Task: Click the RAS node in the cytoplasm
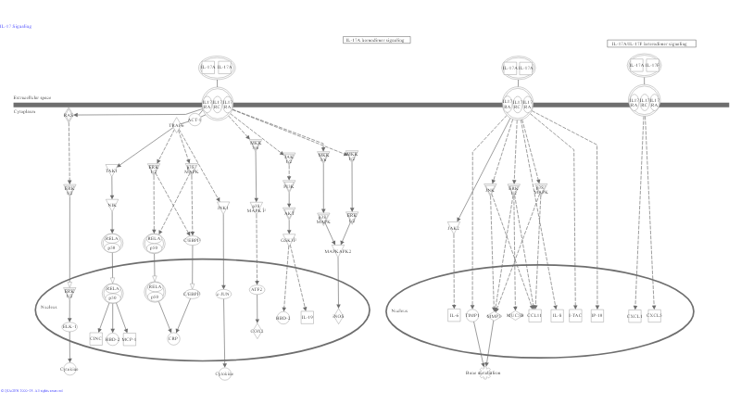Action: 69,116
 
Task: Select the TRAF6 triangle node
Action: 175,124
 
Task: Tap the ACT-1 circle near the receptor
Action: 194,121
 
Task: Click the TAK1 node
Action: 112,171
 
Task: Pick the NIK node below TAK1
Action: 112,205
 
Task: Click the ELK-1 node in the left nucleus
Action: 69,326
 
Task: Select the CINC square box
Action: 95,339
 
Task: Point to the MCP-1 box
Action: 129,339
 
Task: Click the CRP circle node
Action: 173,339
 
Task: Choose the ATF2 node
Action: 257,289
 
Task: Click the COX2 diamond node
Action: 257,330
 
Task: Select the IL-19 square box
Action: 308,318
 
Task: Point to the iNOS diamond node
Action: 338,317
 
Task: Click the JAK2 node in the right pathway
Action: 454,227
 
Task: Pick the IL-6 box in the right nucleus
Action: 454,316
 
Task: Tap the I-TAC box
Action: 575,316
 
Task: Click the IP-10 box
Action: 597,316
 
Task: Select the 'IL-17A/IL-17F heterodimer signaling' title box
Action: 652,44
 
